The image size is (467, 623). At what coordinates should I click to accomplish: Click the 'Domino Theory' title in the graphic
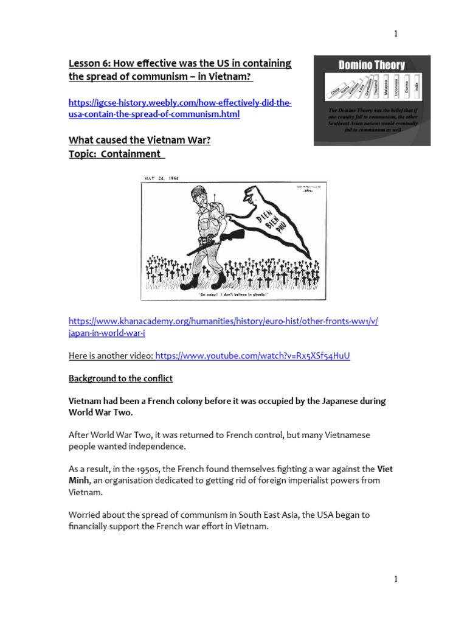[372, 65]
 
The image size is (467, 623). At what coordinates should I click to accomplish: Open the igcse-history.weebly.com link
[180, 109]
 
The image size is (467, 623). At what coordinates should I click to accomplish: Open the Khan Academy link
[224, 327]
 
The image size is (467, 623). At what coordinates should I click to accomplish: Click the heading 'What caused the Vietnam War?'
[139, 141]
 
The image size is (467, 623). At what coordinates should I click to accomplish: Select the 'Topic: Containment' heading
[117, 155]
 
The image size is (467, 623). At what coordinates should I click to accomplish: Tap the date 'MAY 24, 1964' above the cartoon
[161, 178]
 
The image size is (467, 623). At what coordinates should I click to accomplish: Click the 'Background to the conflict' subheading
[120, 378]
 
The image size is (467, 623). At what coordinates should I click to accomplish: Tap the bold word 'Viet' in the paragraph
[386, 469]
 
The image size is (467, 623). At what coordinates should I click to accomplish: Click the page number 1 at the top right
[396, 34]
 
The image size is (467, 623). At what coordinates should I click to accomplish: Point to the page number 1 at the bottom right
[396, 579]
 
